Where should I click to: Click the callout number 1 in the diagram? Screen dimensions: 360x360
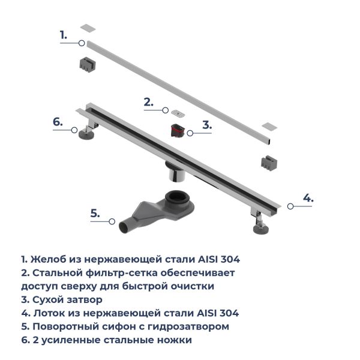click(64, 35)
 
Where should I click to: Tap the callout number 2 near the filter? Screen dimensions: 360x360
click(148, 102)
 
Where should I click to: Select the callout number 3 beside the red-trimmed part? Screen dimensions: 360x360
click(207, 125)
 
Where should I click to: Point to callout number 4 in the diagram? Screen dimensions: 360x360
click(308, 198)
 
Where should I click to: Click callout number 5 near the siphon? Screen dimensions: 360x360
click(95, 213)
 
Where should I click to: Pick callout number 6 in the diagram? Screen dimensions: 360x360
click(58, 122)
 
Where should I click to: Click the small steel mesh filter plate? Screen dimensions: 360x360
click(178, 113)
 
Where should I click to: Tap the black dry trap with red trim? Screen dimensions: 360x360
click(178, 131)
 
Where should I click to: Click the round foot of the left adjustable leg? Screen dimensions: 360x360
click(86, 134)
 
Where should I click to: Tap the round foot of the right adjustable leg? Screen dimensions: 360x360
click(261, 229)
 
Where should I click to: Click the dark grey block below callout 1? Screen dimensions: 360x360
click(88, 64)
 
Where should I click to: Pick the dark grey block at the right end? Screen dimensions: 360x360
click(269, 163)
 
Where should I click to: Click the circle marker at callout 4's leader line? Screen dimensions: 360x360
click(290, 206)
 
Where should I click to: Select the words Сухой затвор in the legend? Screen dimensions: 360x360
click(67, 300)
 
